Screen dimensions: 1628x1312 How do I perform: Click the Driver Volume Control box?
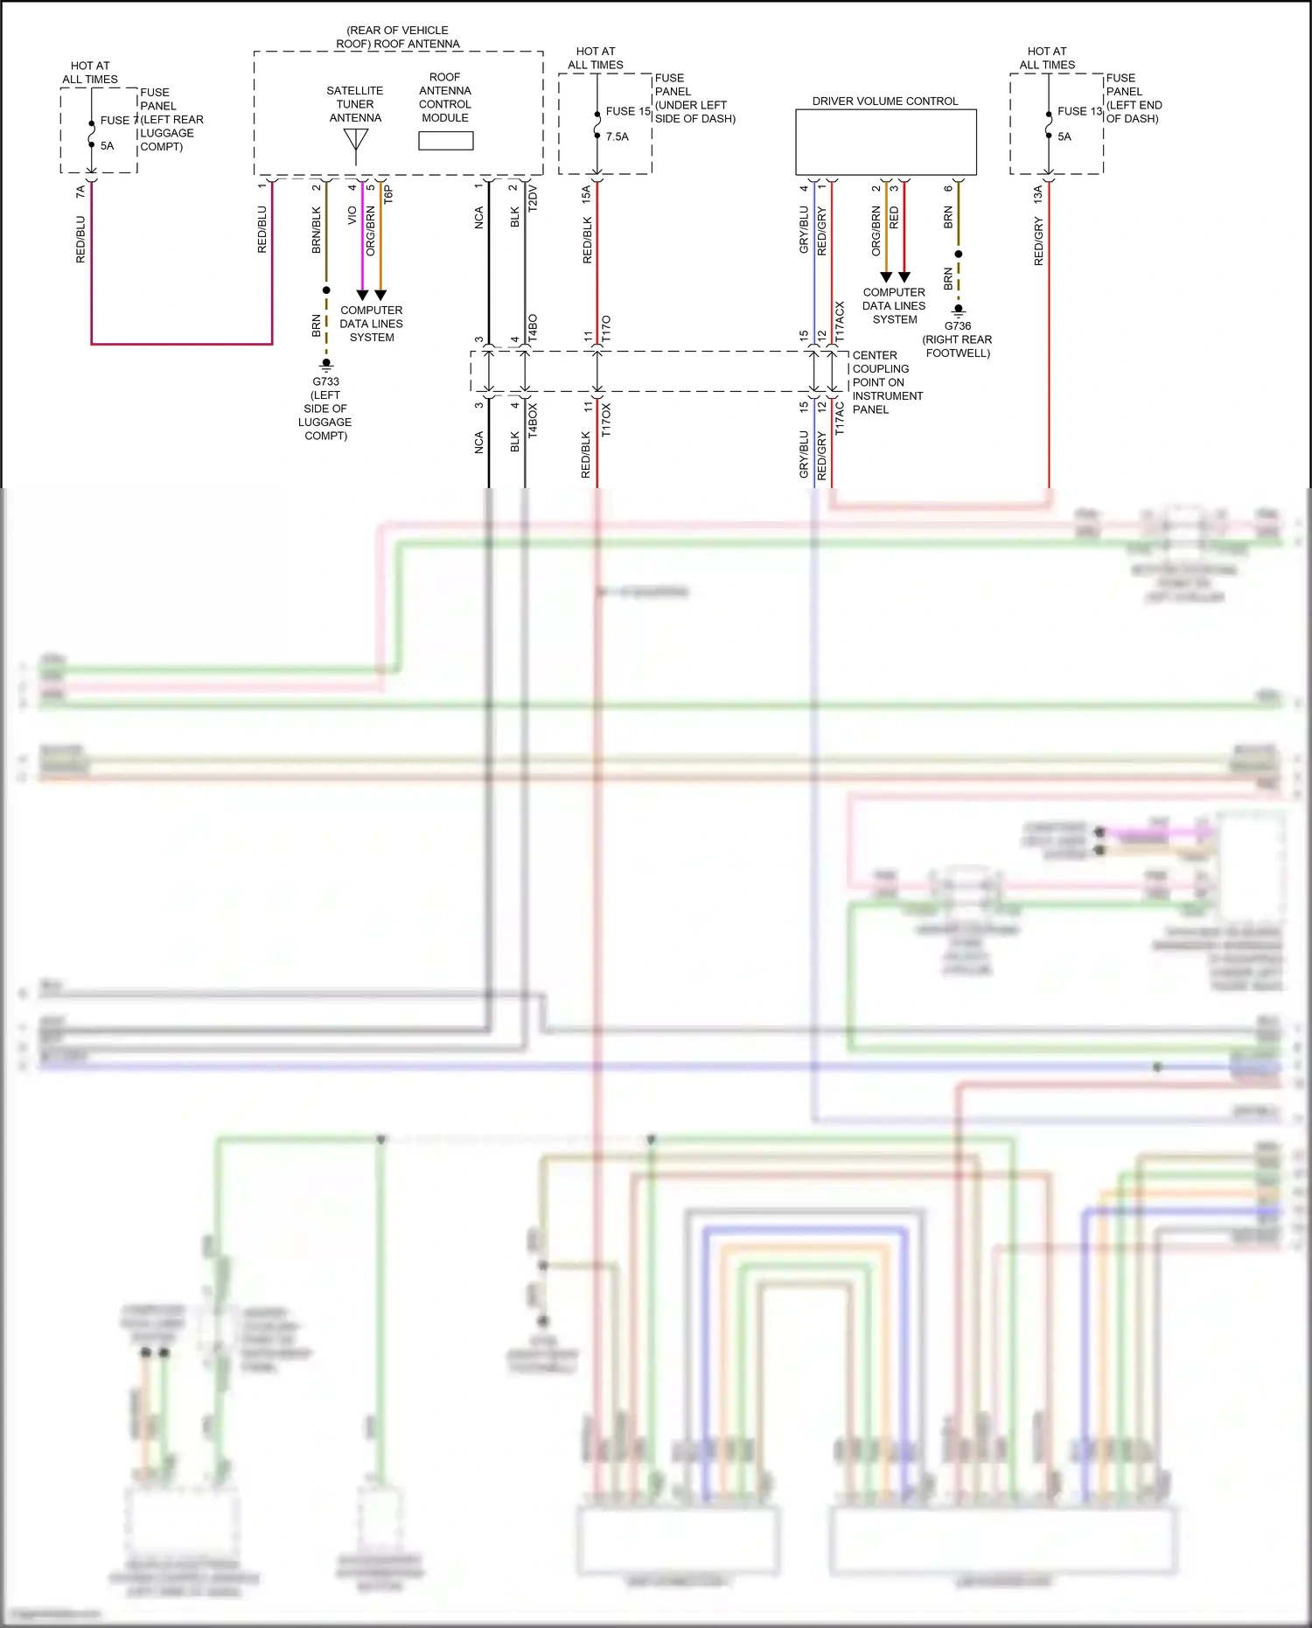point(885,142)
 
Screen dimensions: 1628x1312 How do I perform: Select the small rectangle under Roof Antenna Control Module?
point(445,141)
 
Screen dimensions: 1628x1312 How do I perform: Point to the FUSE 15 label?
point(627,111)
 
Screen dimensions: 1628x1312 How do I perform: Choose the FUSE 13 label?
point(1078,111)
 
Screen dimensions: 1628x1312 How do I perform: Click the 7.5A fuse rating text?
point(617,136)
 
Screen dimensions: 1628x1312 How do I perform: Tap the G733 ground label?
point(325,381)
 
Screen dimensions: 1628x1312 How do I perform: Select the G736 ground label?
point(958,325)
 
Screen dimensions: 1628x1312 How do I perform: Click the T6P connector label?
point(389,194)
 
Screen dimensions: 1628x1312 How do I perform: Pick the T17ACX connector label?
point(841,321)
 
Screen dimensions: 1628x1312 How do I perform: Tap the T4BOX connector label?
point(533,420)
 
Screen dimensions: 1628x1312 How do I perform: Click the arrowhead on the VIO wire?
point(362,295)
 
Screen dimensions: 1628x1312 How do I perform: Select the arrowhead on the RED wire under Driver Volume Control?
point(904,276)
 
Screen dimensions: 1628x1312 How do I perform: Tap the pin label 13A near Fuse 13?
point(1038,194)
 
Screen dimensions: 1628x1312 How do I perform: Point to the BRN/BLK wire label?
point(317,230)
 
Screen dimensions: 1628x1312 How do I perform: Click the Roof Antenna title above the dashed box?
point(398,37)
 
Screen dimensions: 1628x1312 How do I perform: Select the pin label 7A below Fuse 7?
point(80,191)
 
